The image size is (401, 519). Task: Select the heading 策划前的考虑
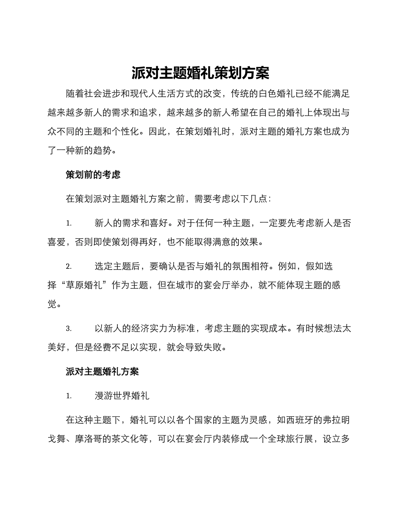[93, 174]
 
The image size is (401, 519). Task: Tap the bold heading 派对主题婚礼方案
[102, 371]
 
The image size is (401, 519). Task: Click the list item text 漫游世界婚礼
[122, 396]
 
